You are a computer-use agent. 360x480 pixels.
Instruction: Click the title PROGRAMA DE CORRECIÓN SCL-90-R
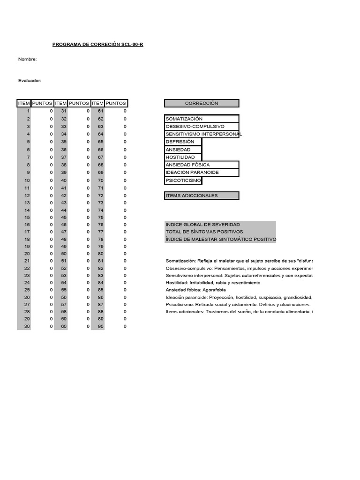point(97,45)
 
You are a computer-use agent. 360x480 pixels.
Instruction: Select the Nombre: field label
point(27,59)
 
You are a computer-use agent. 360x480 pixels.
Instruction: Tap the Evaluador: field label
point(30,81)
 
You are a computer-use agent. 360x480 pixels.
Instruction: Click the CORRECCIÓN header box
point(202,103)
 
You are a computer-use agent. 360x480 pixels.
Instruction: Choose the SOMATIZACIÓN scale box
point(202,119)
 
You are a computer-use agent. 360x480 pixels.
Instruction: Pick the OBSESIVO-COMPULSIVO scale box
point(202,127)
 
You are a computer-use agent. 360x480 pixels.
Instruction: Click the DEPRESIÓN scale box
point(183,142)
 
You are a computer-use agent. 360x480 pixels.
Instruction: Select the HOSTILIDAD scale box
point(183,157)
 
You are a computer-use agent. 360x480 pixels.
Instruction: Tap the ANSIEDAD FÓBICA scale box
point(202,165)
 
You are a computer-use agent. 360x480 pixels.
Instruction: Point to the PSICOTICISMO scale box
point(183,180)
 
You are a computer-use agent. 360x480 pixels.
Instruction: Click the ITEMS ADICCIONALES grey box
point(202,195)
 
